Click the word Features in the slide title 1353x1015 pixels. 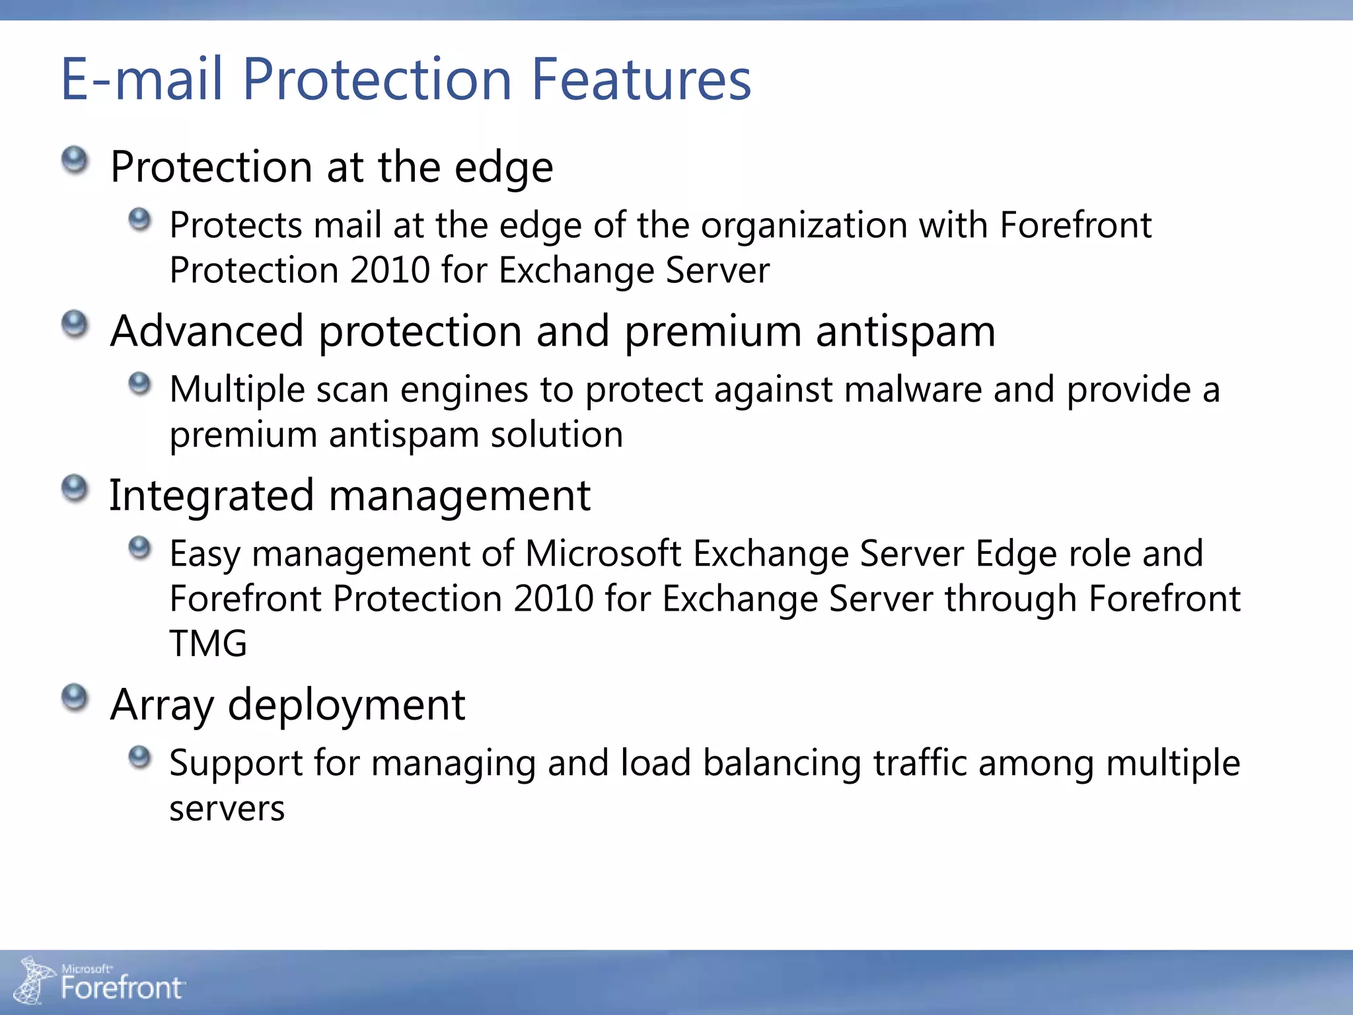pyautogui.click(x=641, y=79)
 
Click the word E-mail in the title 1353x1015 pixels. pyautogui.click(x=141, y=79)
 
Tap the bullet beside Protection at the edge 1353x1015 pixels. pyautogui.click(x=75, y=161)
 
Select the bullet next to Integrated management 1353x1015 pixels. pyautogui.click(x=75, y=489)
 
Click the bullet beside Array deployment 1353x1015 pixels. pyautogui.click(x=75, y=698)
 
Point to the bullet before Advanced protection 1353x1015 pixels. pyautogui.click(x=75, y=324)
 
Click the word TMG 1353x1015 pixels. pyautogui.click(x=208, y=644)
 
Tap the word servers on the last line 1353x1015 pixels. pyautogui.click(x=227, y=808)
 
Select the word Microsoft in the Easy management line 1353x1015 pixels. pyautogui.click(x=603, y=553)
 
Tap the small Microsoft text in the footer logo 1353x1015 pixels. pyautogui.click(x=87, y=969)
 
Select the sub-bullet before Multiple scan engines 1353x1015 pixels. pyautogui.click(x=139, y=383)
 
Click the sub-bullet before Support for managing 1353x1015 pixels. pyautogui.click(x=139, y=757)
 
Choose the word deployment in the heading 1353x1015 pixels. pyautogui.click(x=346, y=704)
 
